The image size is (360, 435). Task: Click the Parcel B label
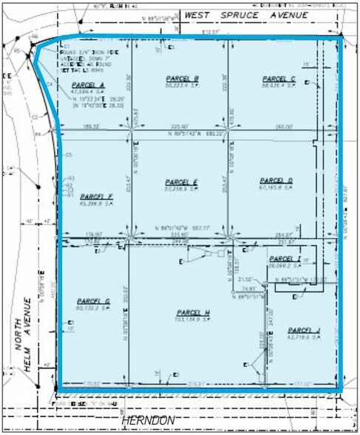click(182, 78)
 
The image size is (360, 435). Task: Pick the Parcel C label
click(279, 78)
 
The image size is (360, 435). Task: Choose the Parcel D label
click(276, 181)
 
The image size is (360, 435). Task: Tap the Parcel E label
click(180, 182)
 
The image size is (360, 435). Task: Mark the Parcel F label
click(95, 196)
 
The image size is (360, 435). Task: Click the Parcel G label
click(92, 301)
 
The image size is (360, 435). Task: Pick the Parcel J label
click(304, 330)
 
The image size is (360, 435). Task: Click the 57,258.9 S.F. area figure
click(180, 189)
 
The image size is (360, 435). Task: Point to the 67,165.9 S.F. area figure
click(276, 188)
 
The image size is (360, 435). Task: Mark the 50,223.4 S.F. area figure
click(182, 86)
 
